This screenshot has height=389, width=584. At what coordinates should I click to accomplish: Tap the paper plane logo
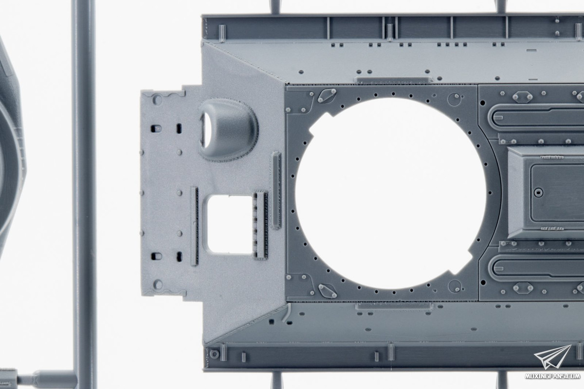pos(553,357)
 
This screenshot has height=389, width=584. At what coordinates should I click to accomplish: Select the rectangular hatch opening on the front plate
pos(229,224)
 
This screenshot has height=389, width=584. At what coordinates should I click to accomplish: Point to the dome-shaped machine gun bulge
pos(229,130)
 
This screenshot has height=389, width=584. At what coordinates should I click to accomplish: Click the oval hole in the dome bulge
pos(205,130)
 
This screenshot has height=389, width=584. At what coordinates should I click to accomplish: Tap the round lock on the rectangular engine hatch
pos(538,193)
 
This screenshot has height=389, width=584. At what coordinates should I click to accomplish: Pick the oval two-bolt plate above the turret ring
pos(327,96)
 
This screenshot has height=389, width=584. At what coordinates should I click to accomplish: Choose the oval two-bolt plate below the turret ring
pos(327,290)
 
